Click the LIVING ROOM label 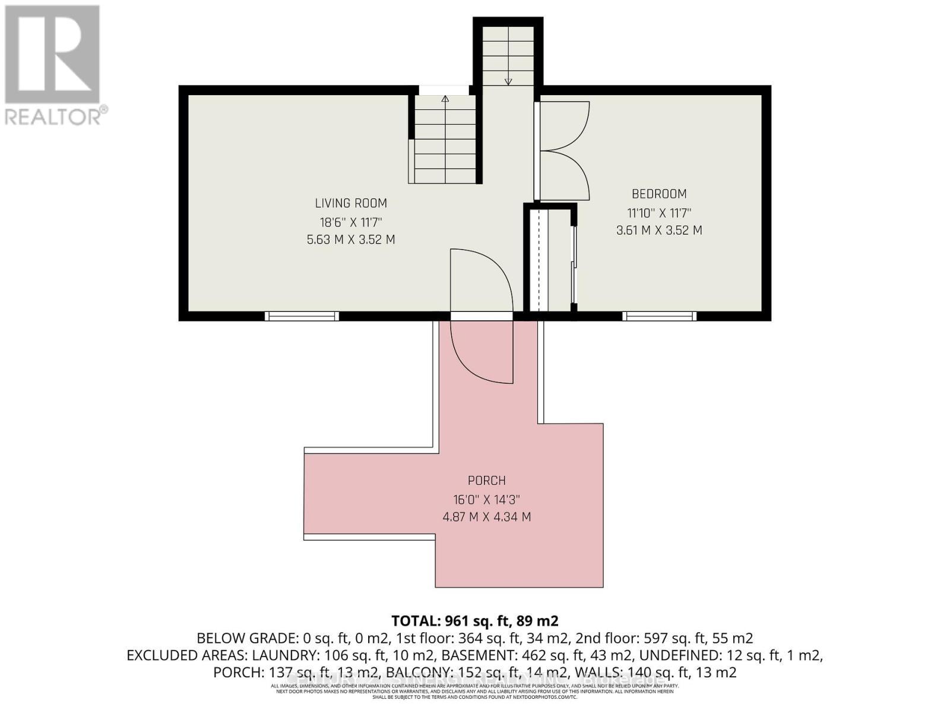351,203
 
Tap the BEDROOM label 659,194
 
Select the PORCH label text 487,480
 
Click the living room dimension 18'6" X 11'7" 351,222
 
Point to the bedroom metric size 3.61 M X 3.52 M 659,230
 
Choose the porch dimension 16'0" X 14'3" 487,499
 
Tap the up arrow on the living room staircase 445,99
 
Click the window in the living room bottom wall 302,316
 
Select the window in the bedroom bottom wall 659,316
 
